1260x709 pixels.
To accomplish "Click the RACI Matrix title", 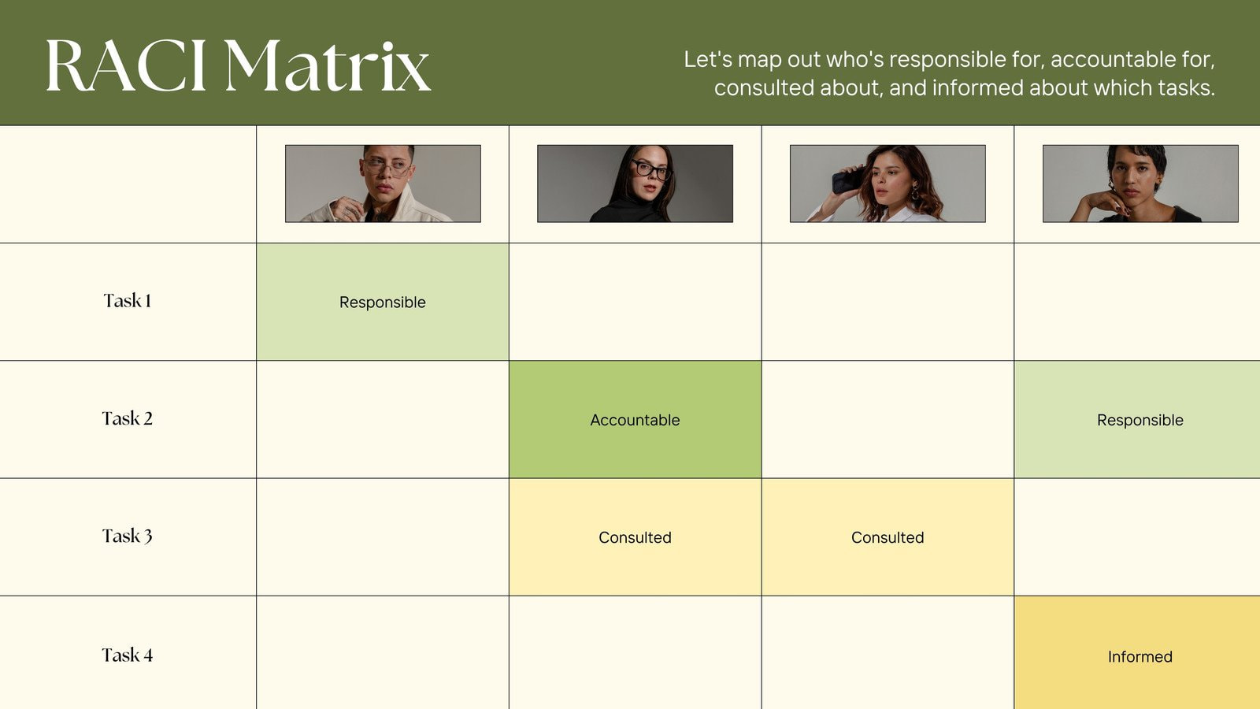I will click(238, 66).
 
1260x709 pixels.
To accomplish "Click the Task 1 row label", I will click(127, 301).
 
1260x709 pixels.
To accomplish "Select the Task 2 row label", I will click(127, 418).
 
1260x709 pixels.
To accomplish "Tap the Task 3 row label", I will click(127, 536).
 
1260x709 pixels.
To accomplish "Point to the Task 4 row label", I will click(127, 655).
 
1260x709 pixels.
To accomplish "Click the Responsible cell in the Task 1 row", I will click(383, 302).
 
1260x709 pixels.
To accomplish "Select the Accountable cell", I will click(635, 420).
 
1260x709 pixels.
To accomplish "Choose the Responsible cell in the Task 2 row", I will click(1140, 420).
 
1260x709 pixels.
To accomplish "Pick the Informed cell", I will click(1140, 656).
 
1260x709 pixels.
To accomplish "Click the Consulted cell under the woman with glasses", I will click(635, 537).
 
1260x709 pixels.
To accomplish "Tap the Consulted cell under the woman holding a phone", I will click(888, 537).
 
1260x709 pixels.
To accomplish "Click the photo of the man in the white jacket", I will click(383, 184).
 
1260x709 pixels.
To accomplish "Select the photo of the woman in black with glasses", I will click(635, 184).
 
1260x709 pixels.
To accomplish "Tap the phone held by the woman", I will click(847, 180).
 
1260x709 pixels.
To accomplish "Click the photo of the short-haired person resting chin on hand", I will click(1140, 184).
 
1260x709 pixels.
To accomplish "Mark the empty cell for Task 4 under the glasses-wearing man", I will click(383, 653).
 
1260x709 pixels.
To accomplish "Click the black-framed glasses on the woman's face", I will click(650, 170).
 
